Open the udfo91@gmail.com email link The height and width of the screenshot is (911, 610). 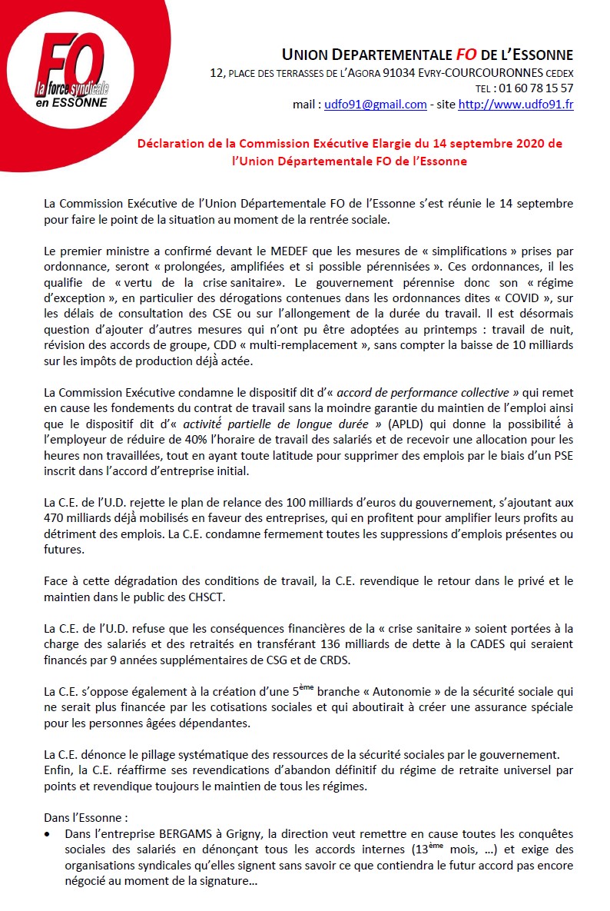point(375,105)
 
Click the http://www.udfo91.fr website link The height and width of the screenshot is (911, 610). point(516,105)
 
